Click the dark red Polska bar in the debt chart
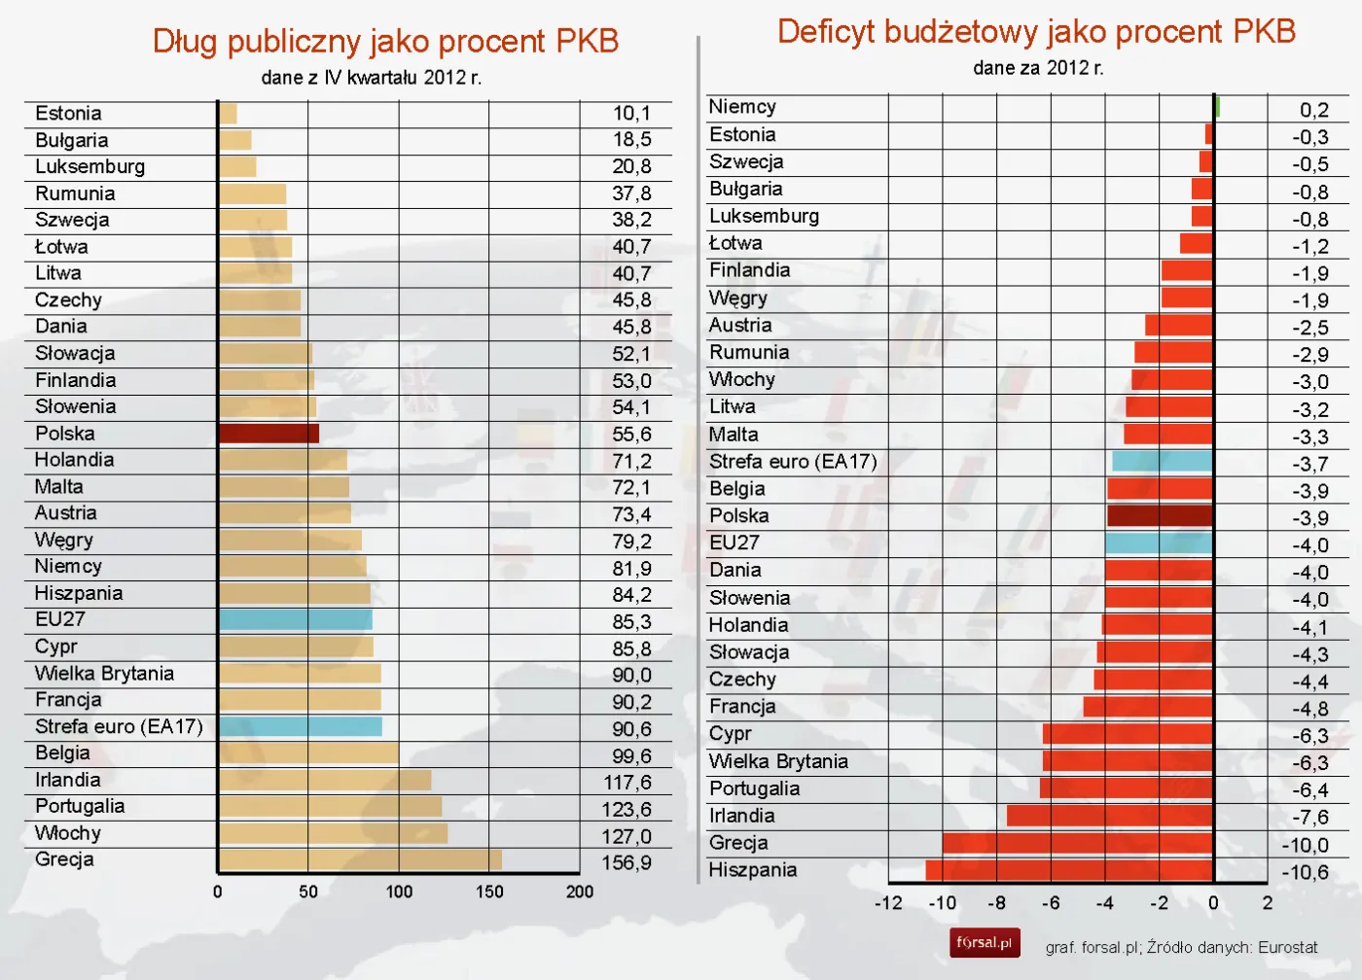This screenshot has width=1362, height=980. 269,434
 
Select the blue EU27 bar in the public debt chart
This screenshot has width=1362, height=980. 295,619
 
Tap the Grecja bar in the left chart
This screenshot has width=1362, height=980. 360,859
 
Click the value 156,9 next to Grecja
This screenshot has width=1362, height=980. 627,862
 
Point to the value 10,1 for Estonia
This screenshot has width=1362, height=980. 631,114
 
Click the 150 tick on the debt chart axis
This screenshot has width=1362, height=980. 489,892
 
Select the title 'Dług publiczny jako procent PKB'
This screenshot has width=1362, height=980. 385,41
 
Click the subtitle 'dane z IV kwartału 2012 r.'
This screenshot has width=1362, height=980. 371,78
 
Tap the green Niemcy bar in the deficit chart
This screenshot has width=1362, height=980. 1217,107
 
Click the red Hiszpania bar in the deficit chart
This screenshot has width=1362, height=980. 1069,870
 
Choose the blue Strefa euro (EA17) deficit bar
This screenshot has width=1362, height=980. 1163,461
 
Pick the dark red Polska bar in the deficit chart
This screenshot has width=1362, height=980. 1160,515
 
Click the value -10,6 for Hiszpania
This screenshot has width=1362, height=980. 1305,872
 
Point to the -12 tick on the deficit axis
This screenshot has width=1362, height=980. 887,903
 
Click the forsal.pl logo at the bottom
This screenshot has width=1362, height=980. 985,943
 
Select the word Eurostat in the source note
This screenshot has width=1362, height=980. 1287,947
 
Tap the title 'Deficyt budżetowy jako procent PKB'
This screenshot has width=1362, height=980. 1036,31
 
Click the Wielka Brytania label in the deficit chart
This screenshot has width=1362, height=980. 778,761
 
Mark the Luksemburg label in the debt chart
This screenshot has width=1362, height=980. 90,166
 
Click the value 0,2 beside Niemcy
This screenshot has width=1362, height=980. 1313,110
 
